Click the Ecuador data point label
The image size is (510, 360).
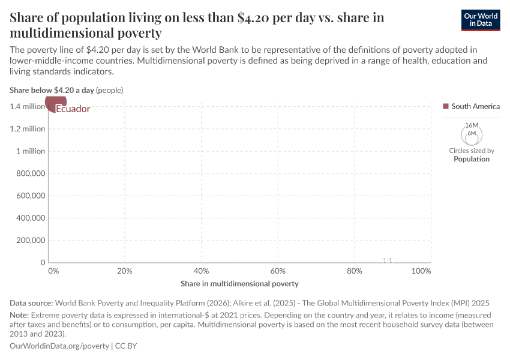[73, 109]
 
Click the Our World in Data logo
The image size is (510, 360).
[481, 20]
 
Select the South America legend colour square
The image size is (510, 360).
[445, 106]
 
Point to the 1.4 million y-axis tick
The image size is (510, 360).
[27, 106]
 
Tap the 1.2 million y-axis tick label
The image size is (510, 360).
[27, 128]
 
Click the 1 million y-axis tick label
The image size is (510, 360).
[30, 151]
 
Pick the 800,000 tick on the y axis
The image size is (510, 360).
[29, 173]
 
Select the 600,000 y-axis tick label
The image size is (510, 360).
[29, 196]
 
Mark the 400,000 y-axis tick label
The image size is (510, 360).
[29, 218]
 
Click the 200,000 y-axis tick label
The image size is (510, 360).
[29, 240]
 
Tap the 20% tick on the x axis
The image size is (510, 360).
[124, 271]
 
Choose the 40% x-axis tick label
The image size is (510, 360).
[201, 271]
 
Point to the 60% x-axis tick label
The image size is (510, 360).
[278, 271]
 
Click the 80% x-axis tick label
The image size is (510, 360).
[355, 271]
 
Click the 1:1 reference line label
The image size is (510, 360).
[387, 260]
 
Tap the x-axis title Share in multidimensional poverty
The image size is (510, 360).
[239, 283]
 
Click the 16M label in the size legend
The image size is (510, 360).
[471, 125]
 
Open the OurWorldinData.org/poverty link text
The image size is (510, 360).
[59, 346]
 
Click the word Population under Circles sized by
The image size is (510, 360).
[472, 159]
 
